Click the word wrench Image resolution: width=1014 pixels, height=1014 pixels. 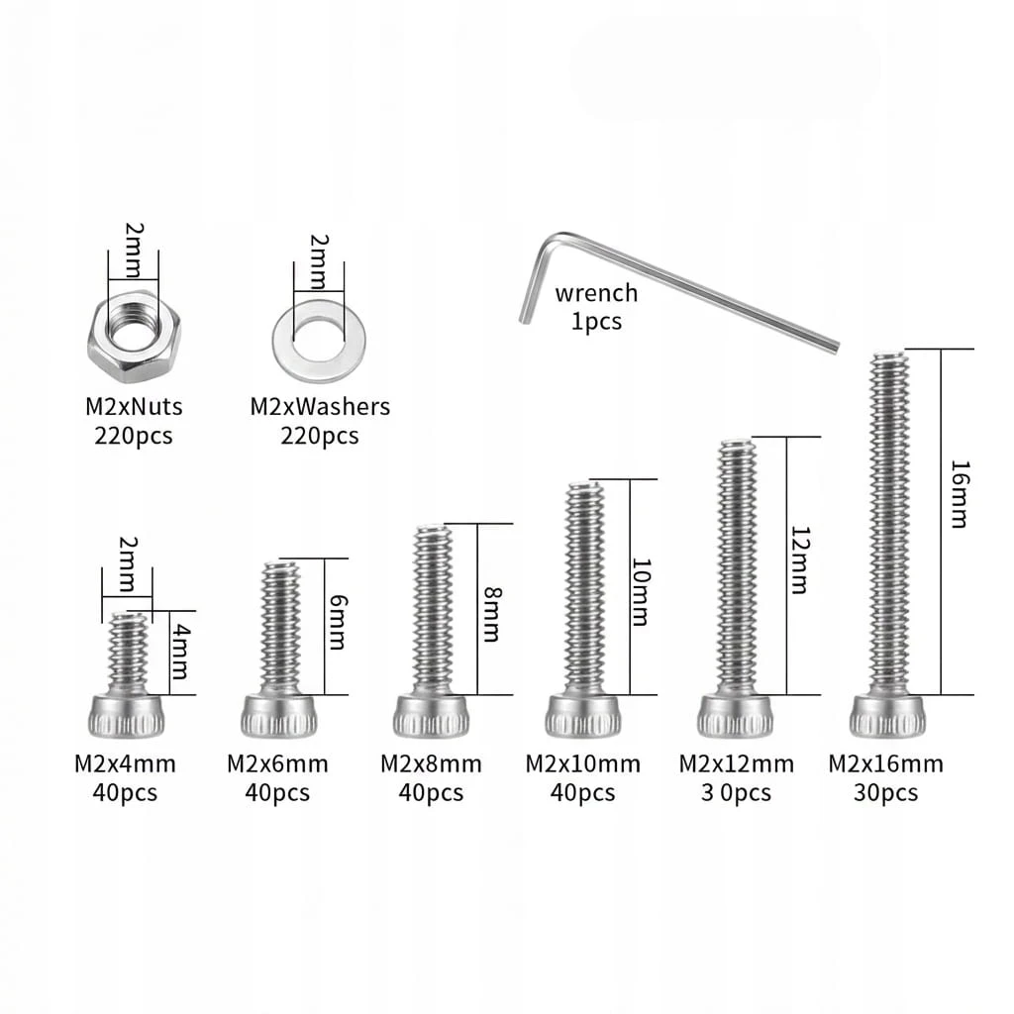596,293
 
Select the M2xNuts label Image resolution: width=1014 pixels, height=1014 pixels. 134,407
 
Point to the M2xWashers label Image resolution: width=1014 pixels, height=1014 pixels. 320,407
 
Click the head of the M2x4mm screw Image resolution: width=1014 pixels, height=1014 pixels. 126,716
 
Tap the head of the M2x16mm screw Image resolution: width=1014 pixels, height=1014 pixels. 887,716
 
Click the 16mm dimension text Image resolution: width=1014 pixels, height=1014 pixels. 960,494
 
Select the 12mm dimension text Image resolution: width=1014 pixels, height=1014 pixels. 800,560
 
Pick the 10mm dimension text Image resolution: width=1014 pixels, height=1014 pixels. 641,592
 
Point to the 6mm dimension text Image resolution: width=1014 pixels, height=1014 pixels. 338,622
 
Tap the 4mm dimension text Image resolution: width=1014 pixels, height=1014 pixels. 181,652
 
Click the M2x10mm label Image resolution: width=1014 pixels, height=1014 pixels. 582,764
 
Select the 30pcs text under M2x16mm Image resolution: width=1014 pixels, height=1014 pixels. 886,793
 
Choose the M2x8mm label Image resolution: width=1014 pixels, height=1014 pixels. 431,764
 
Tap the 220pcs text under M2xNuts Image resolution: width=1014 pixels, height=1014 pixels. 134,436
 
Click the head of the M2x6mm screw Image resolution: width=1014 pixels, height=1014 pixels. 279,716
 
